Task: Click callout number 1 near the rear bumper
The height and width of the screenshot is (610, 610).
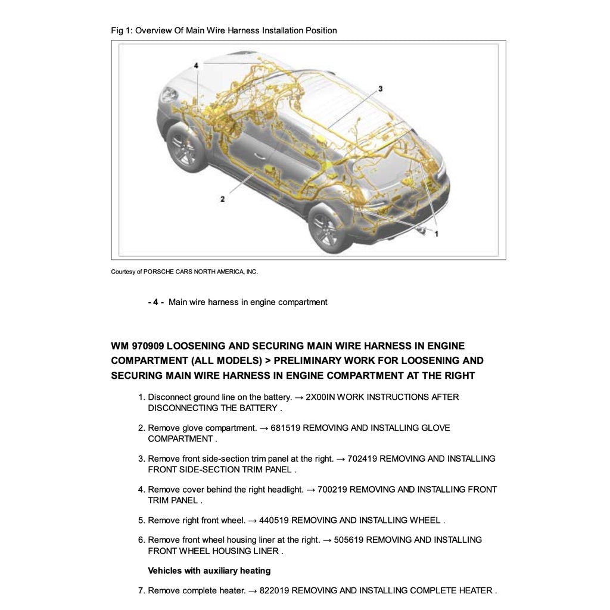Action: coord(436,234)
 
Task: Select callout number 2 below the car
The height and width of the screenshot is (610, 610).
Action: coord(222,199)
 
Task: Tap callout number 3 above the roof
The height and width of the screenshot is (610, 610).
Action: coord(380,89)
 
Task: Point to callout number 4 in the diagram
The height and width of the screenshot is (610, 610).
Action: coord(196,66)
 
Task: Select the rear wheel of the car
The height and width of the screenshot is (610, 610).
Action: coord(326,230)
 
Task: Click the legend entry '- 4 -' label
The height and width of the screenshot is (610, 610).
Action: coord(155,302)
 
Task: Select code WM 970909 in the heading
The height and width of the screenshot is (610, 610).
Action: coord(137,346)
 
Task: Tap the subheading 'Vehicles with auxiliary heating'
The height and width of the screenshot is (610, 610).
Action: coord(209,571)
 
